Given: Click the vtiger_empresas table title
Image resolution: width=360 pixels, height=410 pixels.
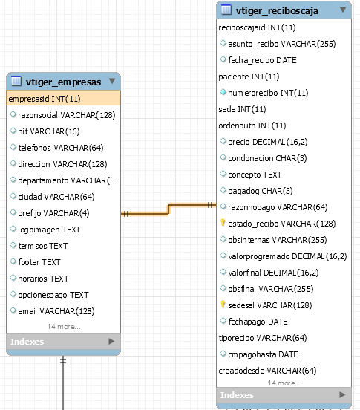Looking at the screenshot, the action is [63, 82].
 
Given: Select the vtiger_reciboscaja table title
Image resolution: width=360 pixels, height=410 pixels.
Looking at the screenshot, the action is [277, 11].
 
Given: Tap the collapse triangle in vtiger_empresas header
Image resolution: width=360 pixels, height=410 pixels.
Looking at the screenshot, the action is [112, 81].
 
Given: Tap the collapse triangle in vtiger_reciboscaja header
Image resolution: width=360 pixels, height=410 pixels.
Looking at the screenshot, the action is [343, 10].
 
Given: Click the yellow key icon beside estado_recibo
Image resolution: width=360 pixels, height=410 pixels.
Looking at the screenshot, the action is [223, 223].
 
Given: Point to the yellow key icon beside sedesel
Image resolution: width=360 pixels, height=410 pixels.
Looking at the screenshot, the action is [223, 304].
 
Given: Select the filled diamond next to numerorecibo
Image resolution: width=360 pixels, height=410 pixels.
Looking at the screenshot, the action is [223, 92].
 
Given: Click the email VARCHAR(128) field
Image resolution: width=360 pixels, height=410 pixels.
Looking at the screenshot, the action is [56, 311].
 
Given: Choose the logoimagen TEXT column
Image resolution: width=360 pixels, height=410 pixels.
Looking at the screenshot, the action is [49, 230].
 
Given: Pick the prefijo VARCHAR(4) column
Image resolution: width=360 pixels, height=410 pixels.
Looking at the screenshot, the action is [53, 213].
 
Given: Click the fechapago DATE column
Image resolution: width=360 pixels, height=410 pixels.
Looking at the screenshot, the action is [258, 322].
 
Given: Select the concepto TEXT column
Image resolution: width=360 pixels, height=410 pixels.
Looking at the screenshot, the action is [255, 175].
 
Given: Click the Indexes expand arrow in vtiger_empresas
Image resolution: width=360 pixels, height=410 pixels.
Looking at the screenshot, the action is [111, 341].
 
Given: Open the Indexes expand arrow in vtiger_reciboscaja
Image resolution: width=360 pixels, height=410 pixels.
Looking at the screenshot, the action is [342, 394].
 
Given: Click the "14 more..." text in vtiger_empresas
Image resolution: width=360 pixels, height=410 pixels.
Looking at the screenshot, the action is [64, 327].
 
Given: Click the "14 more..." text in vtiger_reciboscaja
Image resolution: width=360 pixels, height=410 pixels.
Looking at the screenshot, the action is [284, 383].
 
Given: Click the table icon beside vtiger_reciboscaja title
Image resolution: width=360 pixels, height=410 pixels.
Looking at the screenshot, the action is [226, 10].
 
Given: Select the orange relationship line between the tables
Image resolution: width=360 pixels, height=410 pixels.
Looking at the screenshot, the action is [168, 209].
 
